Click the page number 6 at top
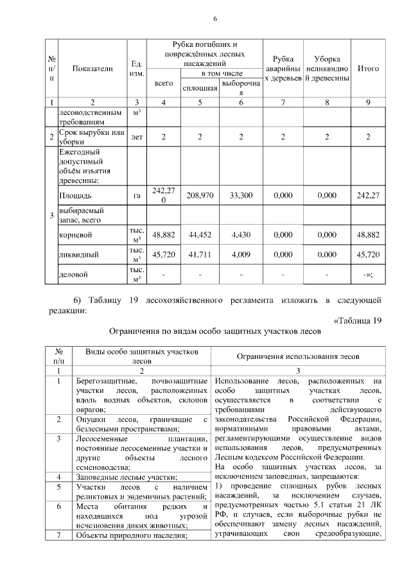tap(216, 19)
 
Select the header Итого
tap(367, 69)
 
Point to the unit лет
tap(136, 137)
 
